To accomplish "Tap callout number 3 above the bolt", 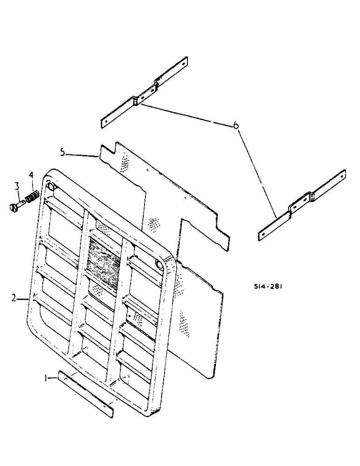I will coord(16,186).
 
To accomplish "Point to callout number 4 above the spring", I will coord(31,175).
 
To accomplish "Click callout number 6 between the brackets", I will coord(236,125).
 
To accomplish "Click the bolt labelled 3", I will coord(16,206).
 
